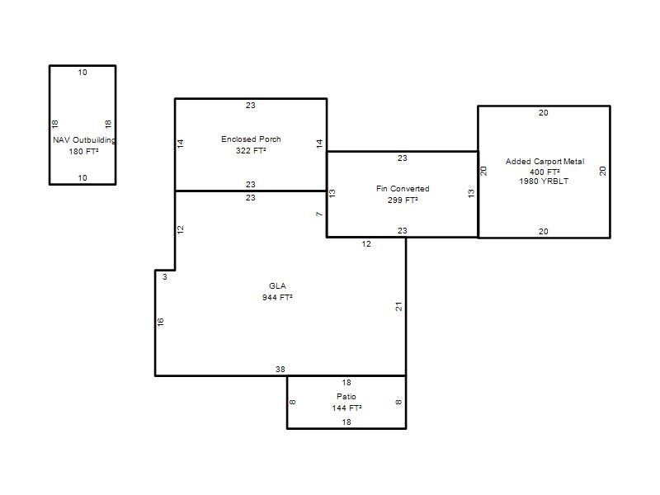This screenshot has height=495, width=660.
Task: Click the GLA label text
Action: pyautogui.click(x=277, y=285)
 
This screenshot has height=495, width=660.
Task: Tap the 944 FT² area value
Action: pyautogui.click(x=277, y=298)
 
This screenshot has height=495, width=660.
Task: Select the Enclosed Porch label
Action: pyautogui.click(x=251, y=139)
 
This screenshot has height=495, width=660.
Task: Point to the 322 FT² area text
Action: pyautogui.click(x=251, y=151)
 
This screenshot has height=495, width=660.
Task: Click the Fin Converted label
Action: pyautogui.click(x=403, y=189)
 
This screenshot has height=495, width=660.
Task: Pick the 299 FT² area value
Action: pyautogui.click(x=403, y=200)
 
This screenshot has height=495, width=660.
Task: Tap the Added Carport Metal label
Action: pyautogui.click(x=544, y=161)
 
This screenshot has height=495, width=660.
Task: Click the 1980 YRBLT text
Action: pyautogui.click(x=544, y=181)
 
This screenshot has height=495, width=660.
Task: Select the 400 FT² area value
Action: pyautogui.click(x=544, y=172)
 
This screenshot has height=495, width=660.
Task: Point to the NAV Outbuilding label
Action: pyautogui.click(x=84, y=139)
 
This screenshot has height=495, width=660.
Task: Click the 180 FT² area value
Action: pyautogui.click(x=84, y=152)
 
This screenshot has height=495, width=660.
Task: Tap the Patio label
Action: pyautogui.click(x=346, y=397)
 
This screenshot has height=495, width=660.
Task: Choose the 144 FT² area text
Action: pyautogui.click(x=346, y=408)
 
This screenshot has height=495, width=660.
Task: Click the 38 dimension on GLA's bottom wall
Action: pyautogui.click(x=280, y=370)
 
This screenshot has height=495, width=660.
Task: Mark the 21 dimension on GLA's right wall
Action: pyautogui.click(x=398, y=306)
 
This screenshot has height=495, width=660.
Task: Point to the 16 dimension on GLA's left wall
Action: pyautogui.click(x=160, y=322)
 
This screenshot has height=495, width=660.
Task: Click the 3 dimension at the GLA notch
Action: pyautogui.click(x=165, y=277)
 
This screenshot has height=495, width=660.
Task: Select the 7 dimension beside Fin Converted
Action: pyautogui.click(x=319, y=214)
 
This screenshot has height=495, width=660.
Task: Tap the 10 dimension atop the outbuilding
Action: pyautogui.click(x=82, y=73)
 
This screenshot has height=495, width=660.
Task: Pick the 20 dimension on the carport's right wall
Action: pyautogui.click(x=603, y=171)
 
